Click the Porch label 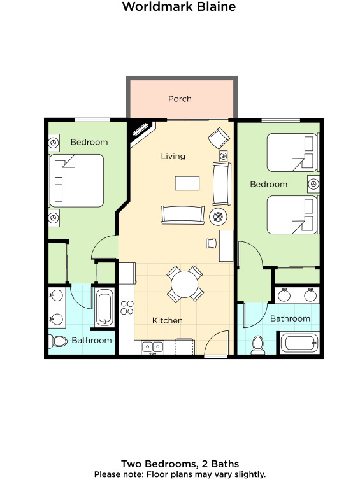tap(180, 99)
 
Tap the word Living tap(173, 156)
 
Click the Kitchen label tap(167, 320)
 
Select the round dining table tap(184, 284)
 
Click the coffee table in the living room tap(187, 183)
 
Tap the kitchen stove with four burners tap(127, 308)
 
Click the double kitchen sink tap(152, 347)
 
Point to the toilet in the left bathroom tap(58, 341)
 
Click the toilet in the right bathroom tap(258, 345)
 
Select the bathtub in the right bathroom tap(299, 343)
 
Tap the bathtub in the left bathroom tap(104, 308)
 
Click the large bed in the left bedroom tap(76, 181)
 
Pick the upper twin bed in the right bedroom tap(292, 152)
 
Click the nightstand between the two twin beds tap(313, 184)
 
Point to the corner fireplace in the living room tap(141, 132)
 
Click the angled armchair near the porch tap(219, 138)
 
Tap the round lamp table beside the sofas tap(218, 216)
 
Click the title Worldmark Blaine tap(179, 6)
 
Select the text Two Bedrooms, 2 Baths tap(180, 464)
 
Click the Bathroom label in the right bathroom tap(290, 318)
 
